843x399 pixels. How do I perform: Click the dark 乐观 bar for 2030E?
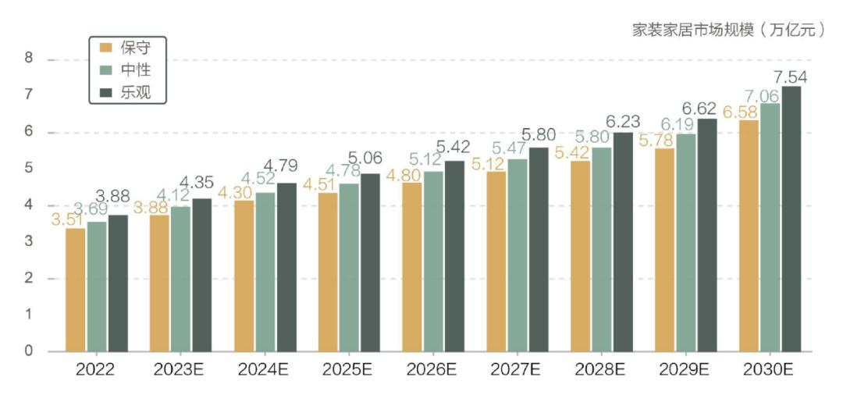pos(791,219)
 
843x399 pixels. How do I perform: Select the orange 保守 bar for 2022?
pos(76,289)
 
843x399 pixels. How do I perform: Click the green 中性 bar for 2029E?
pos(686,243)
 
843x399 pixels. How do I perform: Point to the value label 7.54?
pos(790,77)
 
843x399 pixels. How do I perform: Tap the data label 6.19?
pos(678,124)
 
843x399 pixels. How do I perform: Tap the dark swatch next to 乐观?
pos(107,92)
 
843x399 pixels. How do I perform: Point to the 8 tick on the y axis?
pos(29,59)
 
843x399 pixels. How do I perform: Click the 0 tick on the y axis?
pos(29,351)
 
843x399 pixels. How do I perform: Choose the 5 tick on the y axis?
pos(29,169)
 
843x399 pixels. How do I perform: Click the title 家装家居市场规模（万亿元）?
pos(728,30)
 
